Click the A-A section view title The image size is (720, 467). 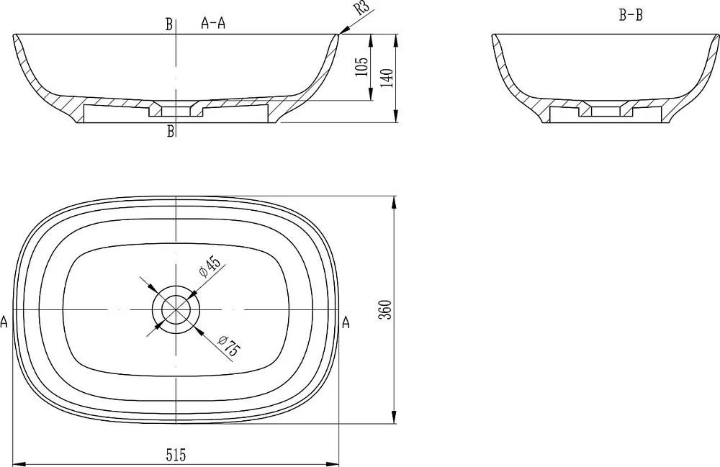[x=213, y=23]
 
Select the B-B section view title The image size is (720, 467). [x=631, y=16]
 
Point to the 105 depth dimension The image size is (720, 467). [x=362, y=66]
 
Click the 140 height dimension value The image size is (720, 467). [x=387, y=78]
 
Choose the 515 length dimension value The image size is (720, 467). [x=176, y=455]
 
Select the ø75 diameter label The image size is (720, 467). [x=228, y=346]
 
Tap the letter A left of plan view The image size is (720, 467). [x=4, y=322]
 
